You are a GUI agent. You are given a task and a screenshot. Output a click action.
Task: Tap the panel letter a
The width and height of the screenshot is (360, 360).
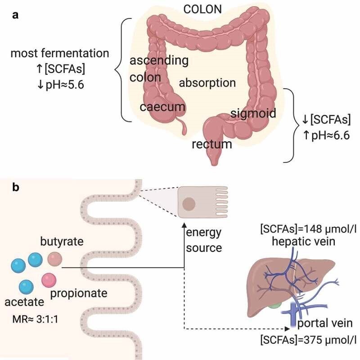click(x=15, y=15)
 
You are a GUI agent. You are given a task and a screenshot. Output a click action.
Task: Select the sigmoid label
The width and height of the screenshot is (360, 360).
click(x=253, y=112)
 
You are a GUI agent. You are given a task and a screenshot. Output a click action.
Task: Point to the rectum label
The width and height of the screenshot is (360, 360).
click(x=212, y=144)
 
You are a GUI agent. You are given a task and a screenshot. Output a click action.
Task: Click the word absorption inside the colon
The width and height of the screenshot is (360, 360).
click(x=207, y=83)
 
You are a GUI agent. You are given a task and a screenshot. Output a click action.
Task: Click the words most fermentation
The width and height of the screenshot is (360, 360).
click(x=59, y=54)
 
